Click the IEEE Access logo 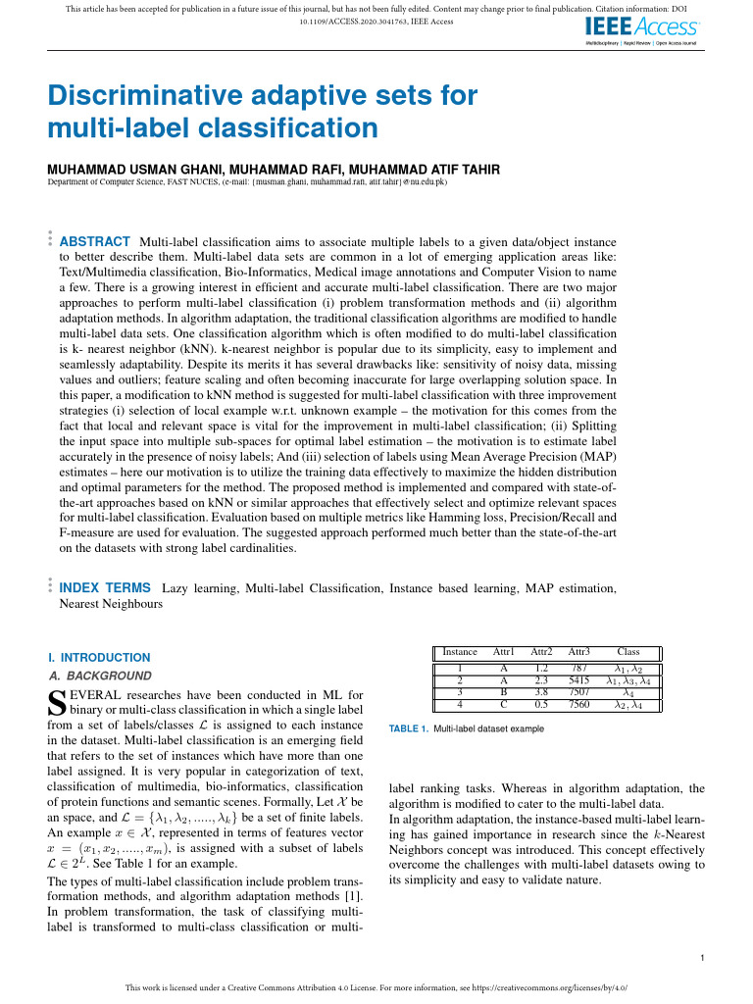[x=641, y=29]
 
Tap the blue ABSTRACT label [x=95, y=241]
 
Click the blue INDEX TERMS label [x=106, y=587]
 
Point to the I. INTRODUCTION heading [x=99, y=657]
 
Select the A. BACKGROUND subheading [x=100, y=676]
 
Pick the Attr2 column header [x=541, y=651]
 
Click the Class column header [x=627, y=651]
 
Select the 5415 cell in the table [x=578, y=679]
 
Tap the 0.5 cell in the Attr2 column [x=541, y=704]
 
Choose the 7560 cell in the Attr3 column [x=578, y=704]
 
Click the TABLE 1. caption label [x=409, y=729]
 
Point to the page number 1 [x=704, y=958]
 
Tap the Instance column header [x=460, y=651]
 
